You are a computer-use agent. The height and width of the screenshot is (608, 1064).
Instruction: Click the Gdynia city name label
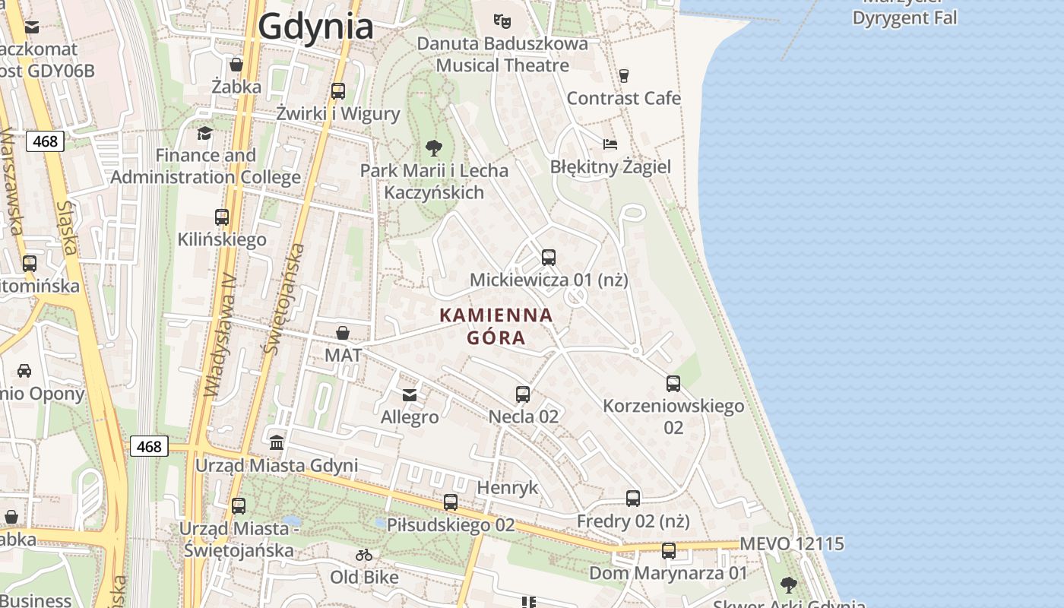tap(315, 27)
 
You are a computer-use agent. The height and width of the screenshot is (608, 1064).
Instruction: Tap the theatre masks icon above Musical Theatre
tap(501, 20)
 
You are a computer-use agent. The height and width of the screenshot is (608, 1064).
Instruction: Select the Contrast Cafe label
tap(623, 98)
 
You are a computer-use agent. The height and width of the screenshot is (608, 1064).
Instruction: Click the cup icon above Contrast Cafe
tap(624, 75)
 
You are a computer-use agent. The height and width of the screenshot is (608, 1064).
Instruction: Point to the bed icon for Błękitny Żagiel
tap(610, 144)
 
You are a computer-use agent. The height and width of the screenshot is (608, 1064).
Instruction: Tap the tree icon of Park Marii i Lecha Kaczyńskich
tap(433, 147)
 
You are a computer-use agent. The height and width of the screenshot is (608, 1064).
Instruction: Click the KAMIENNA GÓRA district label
tap(496, 326)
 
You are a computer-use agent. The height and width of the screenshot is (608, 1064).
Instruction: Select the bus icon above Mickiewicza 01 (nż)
tap(549, 258)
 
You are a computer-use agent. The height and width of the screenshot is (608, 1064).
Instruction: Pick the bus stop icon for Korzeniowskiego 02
tap(673, 384)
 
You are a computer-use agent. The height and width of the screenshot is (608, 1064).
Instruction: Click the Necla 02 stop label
tap(524, 416)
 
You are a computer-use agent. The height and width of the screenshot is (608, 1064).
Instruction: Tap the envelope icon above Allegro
tap(410, 394)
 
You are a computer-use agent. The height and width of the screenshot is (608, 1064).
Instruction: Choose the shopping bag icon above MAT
tap(343, 333)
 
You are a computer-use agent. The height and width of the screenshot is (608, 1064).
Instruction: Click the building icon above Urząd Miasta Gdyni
tap(277, 442)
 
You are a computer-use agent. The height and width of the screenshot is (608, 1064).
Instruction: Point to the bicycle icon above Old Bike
tap(364, 555)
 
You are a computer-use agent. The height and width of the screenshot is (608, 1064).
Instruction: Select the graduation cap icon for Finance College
tap(204, 134)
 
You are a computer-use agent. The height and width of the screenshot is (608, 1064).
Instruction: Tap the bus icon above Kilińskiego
tap(222, 217)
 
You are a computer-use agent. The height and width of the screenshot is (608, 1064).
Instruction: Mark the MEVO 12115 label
tap(791, 544)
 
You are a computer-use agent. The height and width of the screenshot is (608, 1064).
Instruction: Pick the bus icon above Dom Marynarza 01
tap(669, 551)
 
